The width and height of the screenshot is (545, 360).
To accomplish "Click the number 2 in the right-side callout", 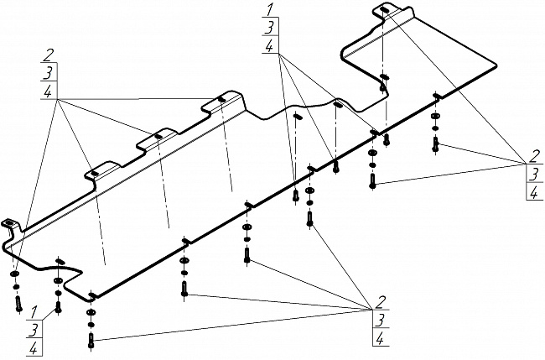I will click(x=532, y=156).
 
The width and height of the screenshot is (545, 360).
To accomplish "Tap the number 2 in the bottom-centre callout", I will click(x=381, y=302).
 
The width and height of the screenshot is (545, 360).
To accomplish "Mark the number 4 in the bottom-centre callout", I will click(x=381, y=338).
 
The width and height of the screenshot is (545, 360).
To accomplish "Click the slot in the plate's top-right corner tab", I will click(x=383, y=9).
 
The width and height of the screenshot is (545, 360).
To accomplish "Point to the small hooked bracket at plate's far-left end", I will click(x=11, y=224).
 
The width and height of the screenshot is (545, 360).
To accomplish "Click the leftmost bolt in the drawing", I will click(x=18, y=303).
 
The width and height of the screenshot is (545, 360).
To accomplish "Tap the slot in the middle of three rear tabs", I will click(x=157, y=136).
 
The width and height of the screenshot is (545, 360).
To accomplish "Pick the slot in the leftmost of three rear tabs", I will click(x=95, y=173).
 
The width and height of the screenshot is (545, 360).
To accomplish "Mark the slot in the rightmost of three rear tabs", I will click(x=221, y=100).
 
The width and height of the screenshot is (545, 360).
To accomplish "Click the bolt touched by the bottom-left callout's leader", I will click(x=58, y=307).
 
